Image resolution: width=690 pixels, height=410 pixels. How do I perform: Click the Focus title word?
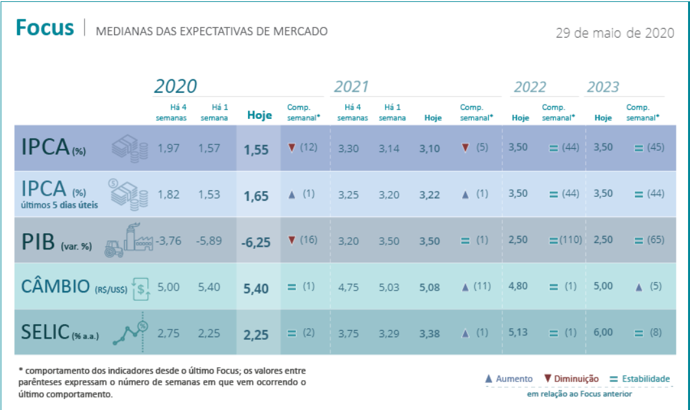45,29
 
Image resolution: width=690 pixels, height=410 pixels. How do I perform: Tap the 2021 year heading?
351,87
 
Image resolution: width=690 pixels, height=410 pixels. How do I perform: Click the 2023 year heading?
603,87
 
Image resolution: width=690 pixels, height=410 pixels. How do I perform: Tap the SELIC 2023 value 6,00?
603,333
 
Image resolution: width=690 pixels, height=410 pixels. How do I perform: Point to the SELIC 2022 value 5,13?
518,333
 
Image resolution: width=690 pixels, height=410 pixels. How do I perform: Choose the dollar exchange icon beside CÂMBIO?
142,288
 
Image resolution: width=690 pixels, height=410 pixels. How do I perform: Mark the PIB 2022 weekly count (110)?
569,240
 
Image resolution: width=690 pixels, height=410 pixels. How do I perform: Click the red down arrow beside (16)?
291,240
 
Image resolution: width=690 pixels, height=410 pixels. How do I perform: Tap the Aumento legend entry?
509,379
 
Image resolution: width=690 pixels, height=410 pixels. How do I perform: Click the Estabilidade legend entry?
640,379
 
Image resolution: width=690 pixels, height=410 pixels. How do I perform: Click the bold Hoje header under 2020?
260,116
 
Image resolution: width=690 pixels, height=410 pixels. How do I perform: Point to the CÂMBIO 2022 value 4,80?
518,287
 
